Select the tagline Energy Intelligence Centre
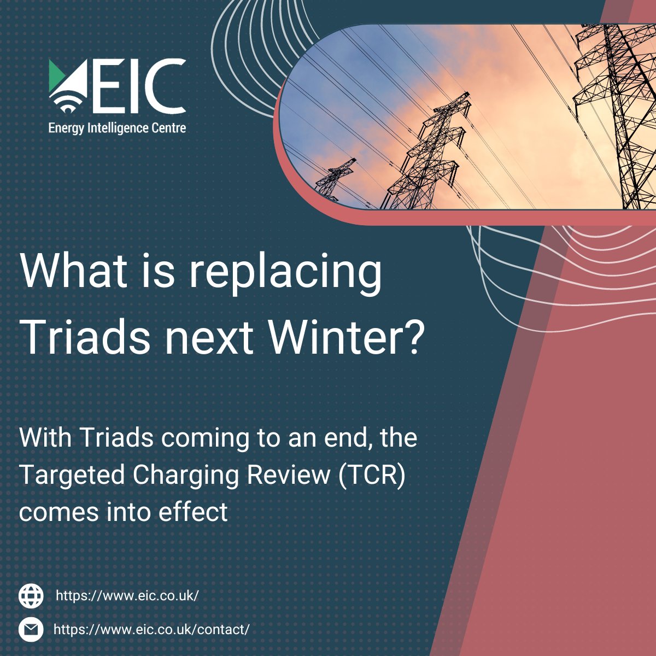[x=117, y=128]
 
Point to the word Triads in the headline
[x=85, y=337]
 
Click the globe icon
[x=31, y=595]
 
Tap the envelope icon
[x=31, y=629]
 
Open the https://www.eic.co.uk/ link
[x=127, y=595]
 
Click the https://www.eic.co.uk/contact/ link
[x=151, y=629]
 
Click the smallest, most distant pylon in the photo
[x=335, y=178]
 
